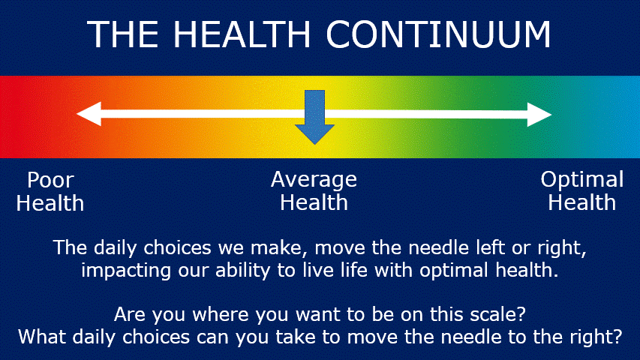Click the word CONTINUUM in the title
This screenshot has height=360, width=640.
pos(438,34)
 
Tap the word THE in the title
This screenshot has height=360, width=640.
pos(122,34)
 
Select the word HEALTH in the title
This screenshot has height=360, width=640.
pos(242,34)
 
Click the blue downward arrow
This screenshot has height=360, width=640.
pos(314,117)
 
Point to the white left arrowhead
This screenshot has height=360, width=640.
pos(89,114)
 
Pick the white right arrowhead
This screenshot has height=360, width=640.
pos(539,115)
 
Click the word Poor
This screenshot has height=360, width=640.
pos(50,180)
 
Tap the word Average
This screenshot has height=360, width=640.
pos(314,179)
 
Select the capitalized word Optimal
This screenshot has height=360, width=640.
pos(582,179)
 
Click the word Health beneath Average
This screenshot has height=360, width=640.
pos(314,202)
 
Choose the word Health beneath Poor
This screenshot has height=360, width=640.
pos(50,203)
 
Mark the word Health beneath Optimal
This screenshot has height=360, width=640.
pos(582,202)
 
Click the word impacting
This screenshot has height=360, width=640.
pos(126,271)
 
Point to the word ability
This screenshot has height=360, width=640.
pos(243,271)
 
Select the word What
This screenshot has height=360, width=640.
pos(43,337)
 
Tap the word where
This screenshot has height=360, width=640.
pos(221,315)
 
